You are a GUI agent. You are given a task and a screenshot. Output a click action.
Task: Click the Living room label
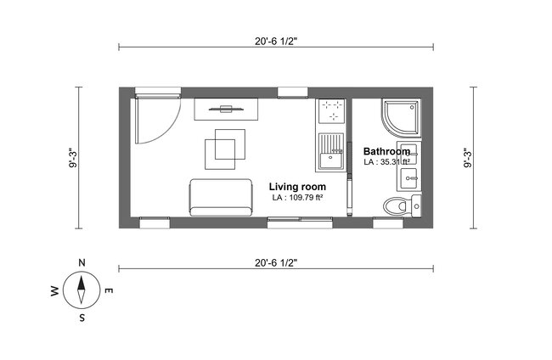click(x=298, y=186)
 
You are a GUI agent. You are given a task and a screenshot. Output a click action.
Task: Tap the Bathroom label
click(x=386, y=151)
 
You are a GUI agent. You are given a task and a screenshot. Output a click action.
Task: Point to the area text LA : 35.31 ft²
click(x=387, y=161)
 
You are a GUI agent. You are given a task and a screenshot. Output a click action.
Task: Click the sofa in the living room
click(x=222, y=197)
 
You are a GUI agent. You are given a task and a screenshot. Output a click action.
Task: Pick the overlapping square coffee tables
click(x=223, y=146)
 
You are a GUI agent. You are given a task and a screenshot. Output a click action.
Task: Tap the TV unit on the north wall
click(x=226, y=109)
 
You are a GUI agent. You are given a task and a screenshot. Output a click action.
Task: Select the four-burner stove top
click(x=332, y=112)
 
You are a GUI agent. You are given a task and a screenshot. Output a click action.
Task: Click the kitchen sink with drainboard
click(x=331, y=154)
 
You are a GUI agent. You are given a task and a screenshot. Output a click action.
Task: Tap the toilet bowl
click(x=396, y=205)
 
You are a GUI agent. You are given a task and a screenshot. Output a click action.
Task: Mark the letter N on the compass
click(x=81, y=262)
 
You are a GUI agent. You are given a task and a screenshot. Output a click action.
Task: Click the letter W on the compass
click(x=55, y=291)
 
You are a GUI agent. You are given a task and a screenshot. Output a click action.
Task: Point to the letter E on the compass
click(x=109, y=291)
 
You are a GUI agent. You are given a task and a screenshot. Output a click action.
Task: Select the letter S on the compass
click(x=82, y=319)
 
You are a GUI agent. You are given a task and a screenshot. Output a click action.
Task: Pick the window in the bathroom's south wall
click(x=389, y=223)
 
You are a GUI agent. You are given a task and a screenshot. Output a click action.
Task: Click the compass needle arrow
click(x=82, y=290)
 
